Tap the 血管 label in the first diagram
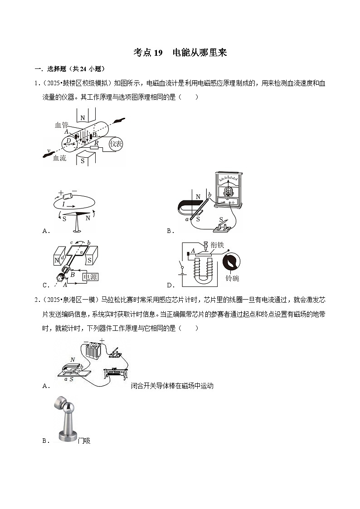point(61,125)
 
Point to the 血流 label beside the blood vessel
point(60,158)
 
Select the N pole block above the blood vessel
point(82,116)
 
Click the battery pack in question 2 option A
point(96,352)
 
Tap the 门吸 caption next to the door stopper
point(84,440)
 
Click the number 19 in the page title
point(158,53)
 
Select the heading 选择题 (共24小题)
point(76,69)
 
